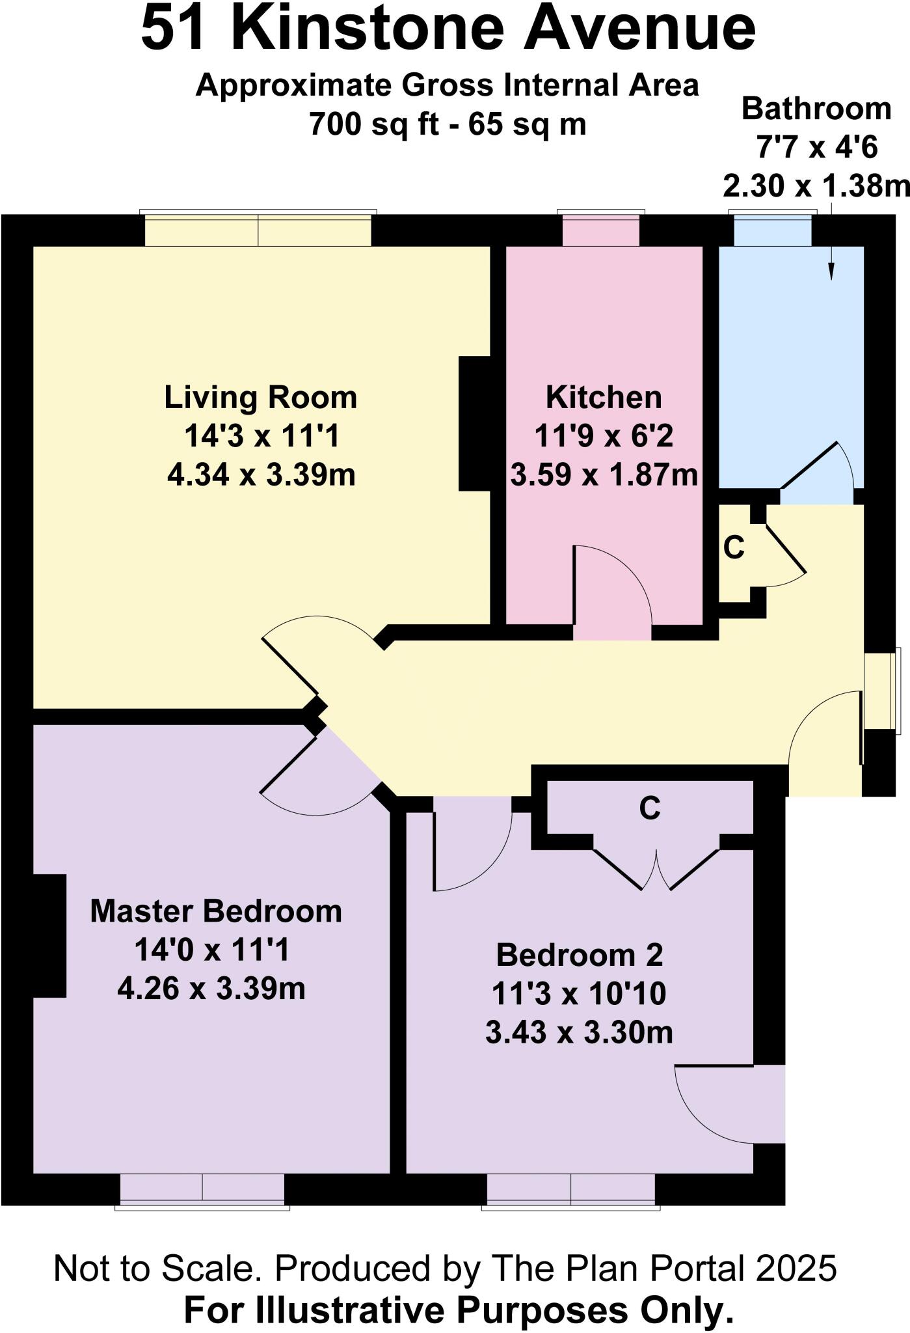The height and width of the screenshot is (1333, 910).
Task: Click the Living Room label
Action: tap(260, 398)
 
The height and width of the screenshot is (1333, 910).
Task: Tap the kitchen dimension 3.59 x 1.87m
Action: tap(604, 475)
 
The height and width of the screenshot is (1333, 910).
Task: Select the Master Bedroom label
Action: tap(215, 911)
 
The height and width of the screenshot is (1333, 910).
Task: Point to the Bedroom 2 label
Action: tap(579, 955)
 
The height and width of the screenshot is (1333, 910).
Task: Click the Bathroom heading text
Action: tap(816, 109)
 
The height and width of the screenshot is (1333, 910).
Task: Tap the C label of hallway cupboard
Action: tap(734, 548)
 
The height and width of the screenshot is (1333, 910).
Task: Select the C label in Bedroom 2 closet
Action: tap(649, 808)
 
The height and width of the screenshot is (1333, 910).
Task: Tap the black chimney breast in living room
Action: tap(475, 423)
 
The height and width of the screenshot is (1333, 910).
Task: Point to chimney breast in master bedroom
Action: tap(49, 935)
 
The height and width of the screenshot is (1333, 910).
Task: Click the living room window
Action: tap(258, 230)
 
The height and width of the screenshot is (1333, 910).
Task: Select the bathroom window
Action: tap(772, 230)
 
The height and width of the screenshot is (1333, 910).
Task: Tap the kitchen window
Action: tap(600, 230)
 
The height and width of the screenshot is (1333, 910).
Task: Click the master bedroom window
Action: tap(202, 1189)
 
